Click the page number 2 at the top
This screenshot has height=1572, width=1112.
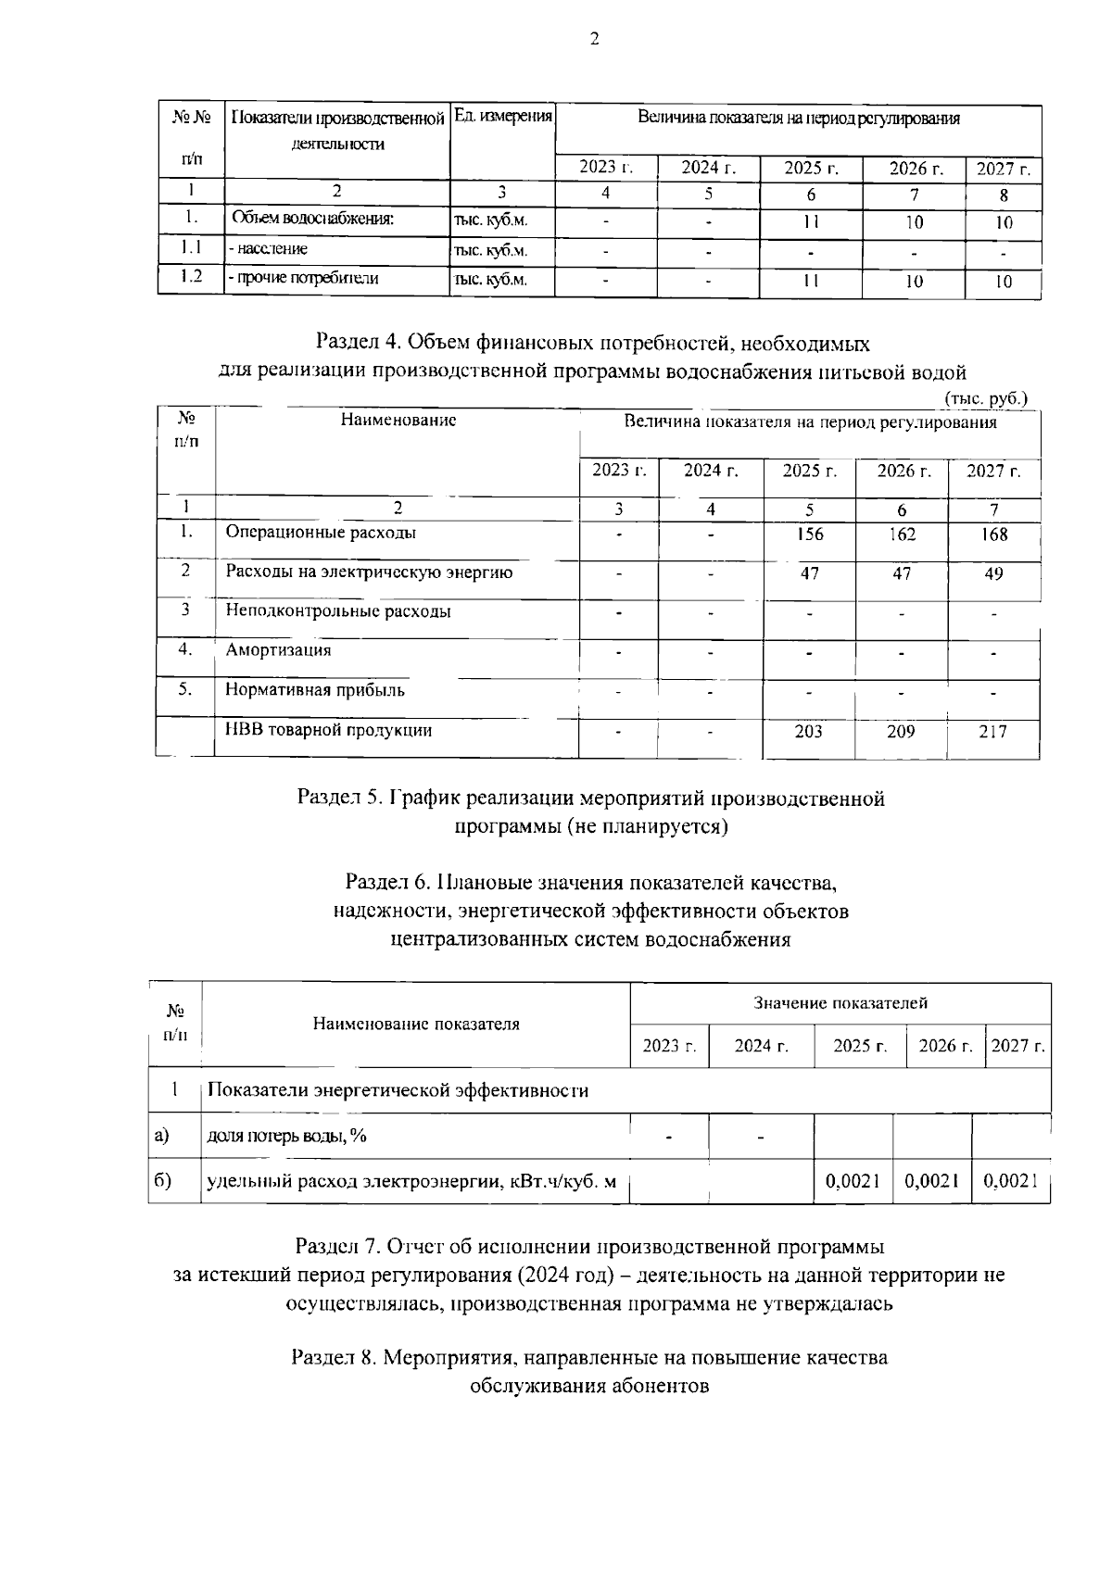(594, 38)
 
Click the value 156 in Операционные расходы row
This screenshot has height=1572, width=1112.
(809, 534)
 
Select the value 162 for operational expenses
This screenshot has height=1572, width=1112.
(901, 534)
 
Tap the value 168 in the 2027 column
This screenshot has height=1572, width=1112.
(992, 534)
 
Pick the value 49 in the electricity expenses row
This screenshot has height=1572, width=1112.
(992, 574)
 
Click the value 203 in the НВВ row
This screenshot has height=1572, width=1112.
(808, 732)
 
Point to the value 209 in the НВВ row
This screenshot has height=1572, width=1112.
(900, 732)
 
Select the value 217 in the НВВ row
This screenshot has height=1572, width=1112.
(992, 732)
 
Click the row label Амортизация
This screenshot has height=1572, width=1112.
(278, 650)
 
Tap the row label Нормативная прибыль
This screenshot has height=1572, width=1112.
(315, 690)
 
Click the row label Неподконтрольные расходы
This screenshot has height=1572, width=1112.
(338, 611)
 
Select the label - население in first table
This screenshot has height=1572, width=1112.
(269, 249)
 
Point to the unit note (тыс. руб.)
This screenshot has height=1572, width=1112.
(986, 397)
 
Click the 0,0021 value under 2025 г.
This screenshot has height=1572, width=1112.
(853, 1181)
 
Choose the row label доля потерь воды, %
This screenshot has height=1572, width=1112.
(286, 1136)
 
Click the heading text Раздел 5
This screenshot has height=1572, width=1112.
(337, 798)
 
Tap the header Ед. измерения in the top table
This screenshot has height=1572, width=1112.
(502, 118)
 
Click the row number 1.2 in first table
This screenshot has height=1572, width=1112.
(191, 277)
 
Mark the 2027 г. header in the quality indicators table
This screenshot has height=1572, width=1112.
(1017, 1046)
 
